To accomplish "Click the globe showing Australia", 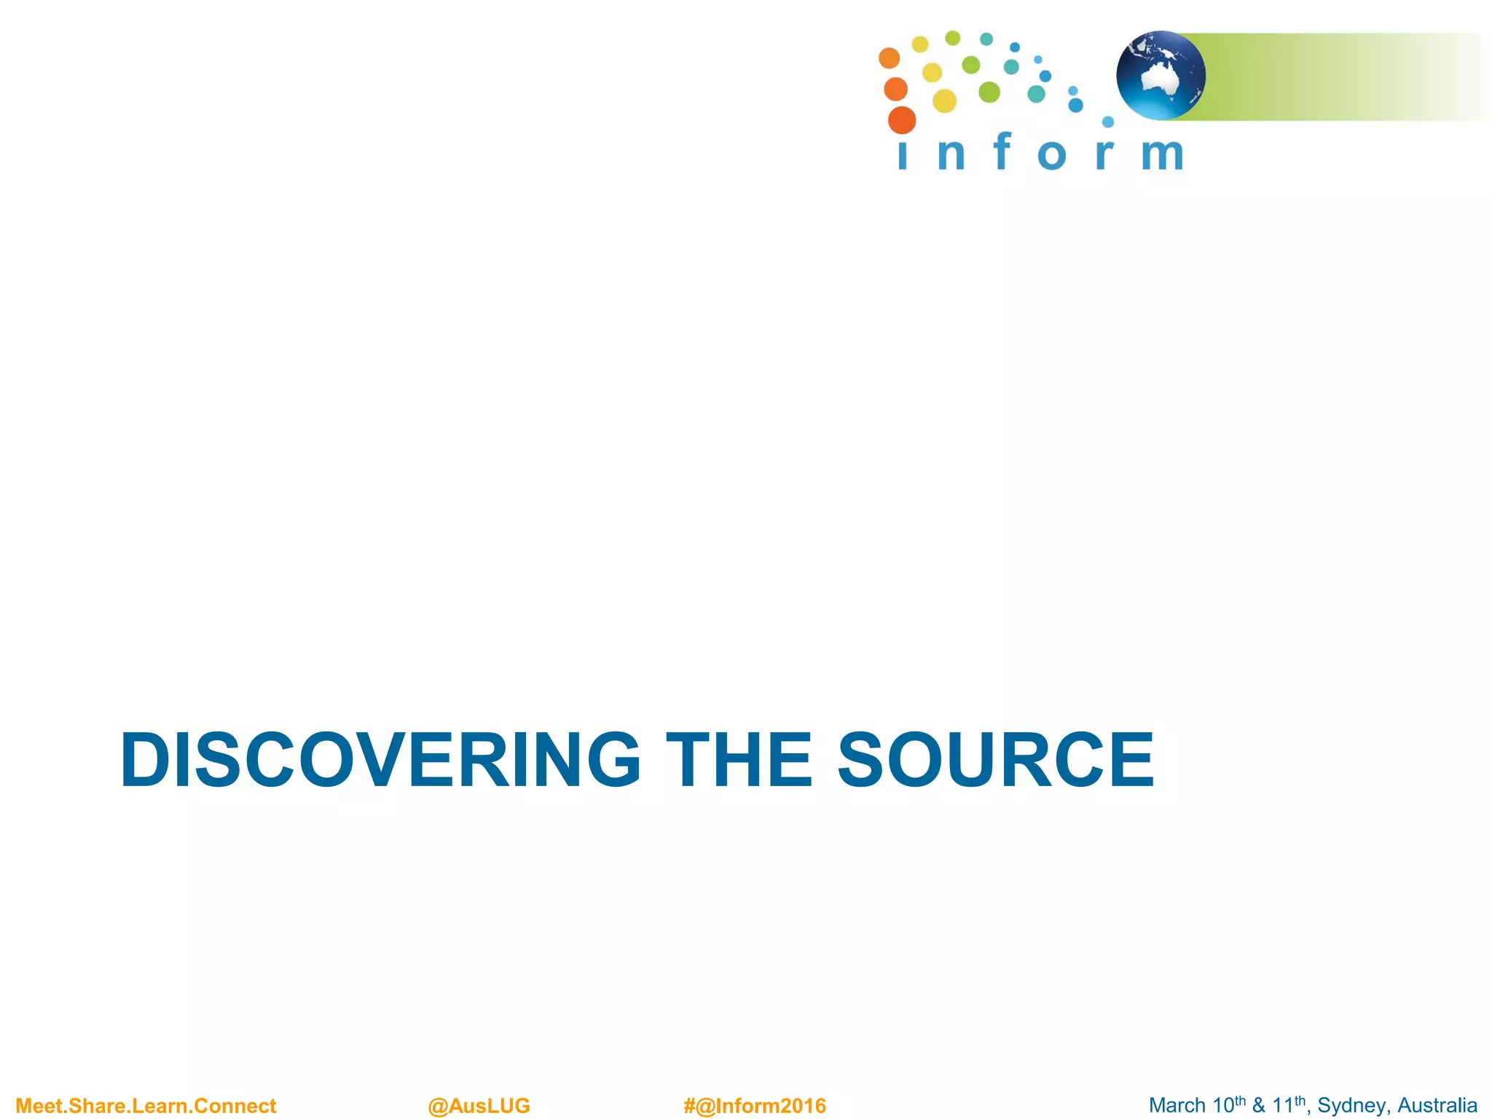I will pyautogui.click(x=1161, y=75).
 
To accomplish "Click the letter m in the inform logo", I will pyautogui.click(x=1162, y=154).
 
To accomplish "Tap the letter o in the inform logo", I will pyautogui.click(x=1052, y=154).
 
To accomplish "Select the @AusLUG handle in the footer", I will pyautogui.click(x=479, y=1106).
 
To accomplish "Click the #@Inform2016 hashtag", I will pyautogui.click(x=755, y=1106).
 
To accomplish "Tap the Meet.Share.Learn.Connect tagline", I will pyautogui.click(x=146, y=1106).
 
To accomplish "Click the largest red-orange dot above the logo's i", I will pyautogui.click(x=902, y=120).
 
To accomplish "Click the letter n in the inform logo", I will pyautogui.click(x=951, y=154).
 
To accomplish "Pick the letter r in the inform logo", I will pyautogui.click(x=1104, y=154).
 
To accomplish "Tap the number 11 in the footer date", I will pyautogui.click(x=1282, y=1106).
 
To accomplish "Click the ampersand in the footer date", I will pyautogui.click(x=1258, y=1106).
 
